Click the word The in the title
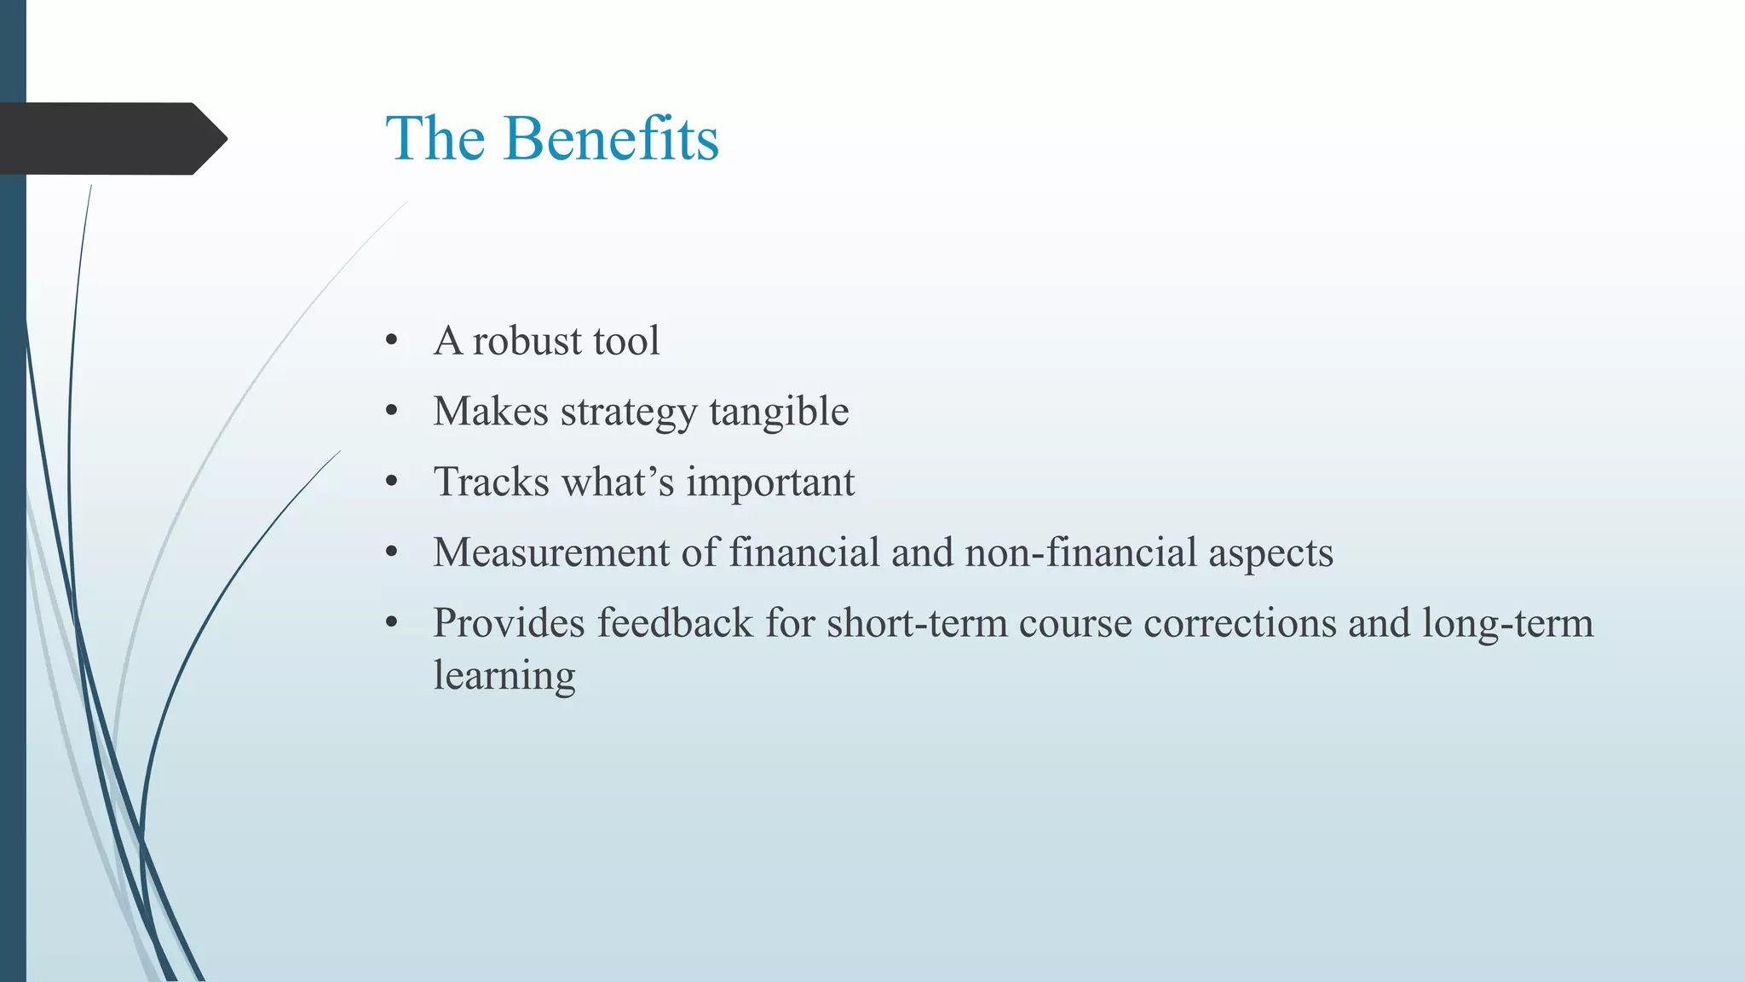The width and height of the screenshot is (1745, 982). click(435, 138)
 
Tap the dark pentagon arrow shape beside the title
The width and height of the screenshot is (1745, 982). click(111, 138)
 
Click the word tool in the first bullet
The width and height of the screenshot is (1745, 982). click(626, 341)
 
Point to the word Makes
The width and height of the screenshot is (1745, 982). click(491, 412)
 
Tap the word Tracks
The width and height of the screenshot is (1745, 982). click(492, 482)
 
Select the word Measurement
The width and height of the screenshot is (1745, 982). click(550, 552)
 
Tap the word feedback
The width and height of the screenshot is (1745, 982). click(675, 623)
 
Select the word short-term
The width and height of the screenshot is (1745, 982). click(917, 623)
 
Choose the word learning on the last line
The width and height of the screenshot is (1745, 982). click(504, 677)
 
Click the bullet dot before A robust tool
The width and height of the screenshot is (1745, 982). click(392, 341)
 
